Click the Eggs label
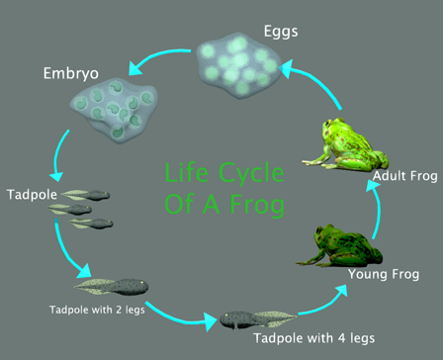280,31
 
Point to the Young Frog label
385,272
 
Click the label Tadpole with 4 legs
313,338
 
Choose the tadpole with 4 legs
254,318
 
